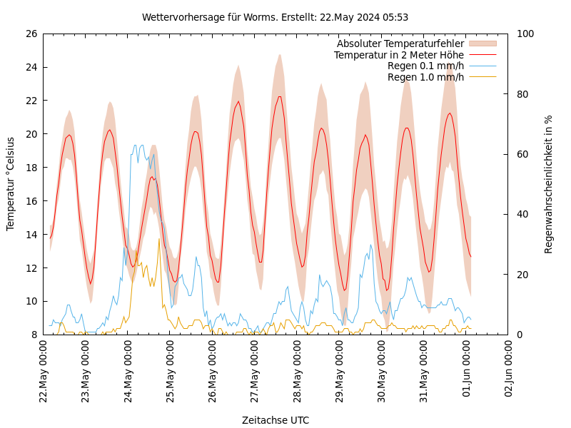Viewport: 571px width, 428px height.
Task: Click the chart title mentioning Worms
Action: tap(275, 17)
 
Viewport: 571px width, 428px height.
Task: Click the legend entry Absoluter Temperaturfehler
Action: tap(400, 44)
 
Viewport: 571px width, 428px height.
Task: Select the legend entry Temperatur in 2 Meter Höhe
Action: tap(398, 55)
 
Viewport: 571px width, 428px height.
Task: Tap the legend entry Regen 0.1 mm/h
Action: tap(425, 66)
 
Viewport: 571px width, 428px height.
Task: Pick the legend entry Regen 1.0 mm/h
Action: tap(425, 77)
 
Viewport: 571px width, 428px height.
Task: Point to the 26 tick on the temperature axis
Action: tap(31, 34)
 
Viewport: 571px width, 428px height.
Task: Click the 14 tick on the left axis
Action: tap(31, 234)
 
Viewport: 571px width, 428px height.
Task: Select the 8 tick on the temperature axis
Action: tap(34, 335)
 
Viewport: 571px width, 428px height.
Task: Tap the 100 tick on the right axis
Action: tap(525, 34)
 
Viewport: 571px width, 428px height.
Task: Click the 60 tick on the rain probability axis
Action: tap(522, 154)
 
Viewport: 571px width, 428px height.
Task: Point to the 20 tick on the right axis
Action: tap(522, 275)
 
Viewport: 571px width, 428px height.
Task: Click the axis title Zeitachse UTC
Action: tap(276, 420)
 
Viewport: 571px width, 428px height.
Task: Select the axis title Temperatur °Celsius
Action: tap(11, 184)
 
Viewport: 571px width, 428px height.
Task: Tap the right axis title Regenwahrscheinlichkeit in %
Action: tap(549, 184)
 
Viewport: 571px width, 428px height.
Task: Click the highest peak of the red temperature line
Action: tap(280, 96)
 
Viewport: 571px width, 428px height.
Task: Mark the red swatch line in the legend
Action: tap(482, 55)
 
